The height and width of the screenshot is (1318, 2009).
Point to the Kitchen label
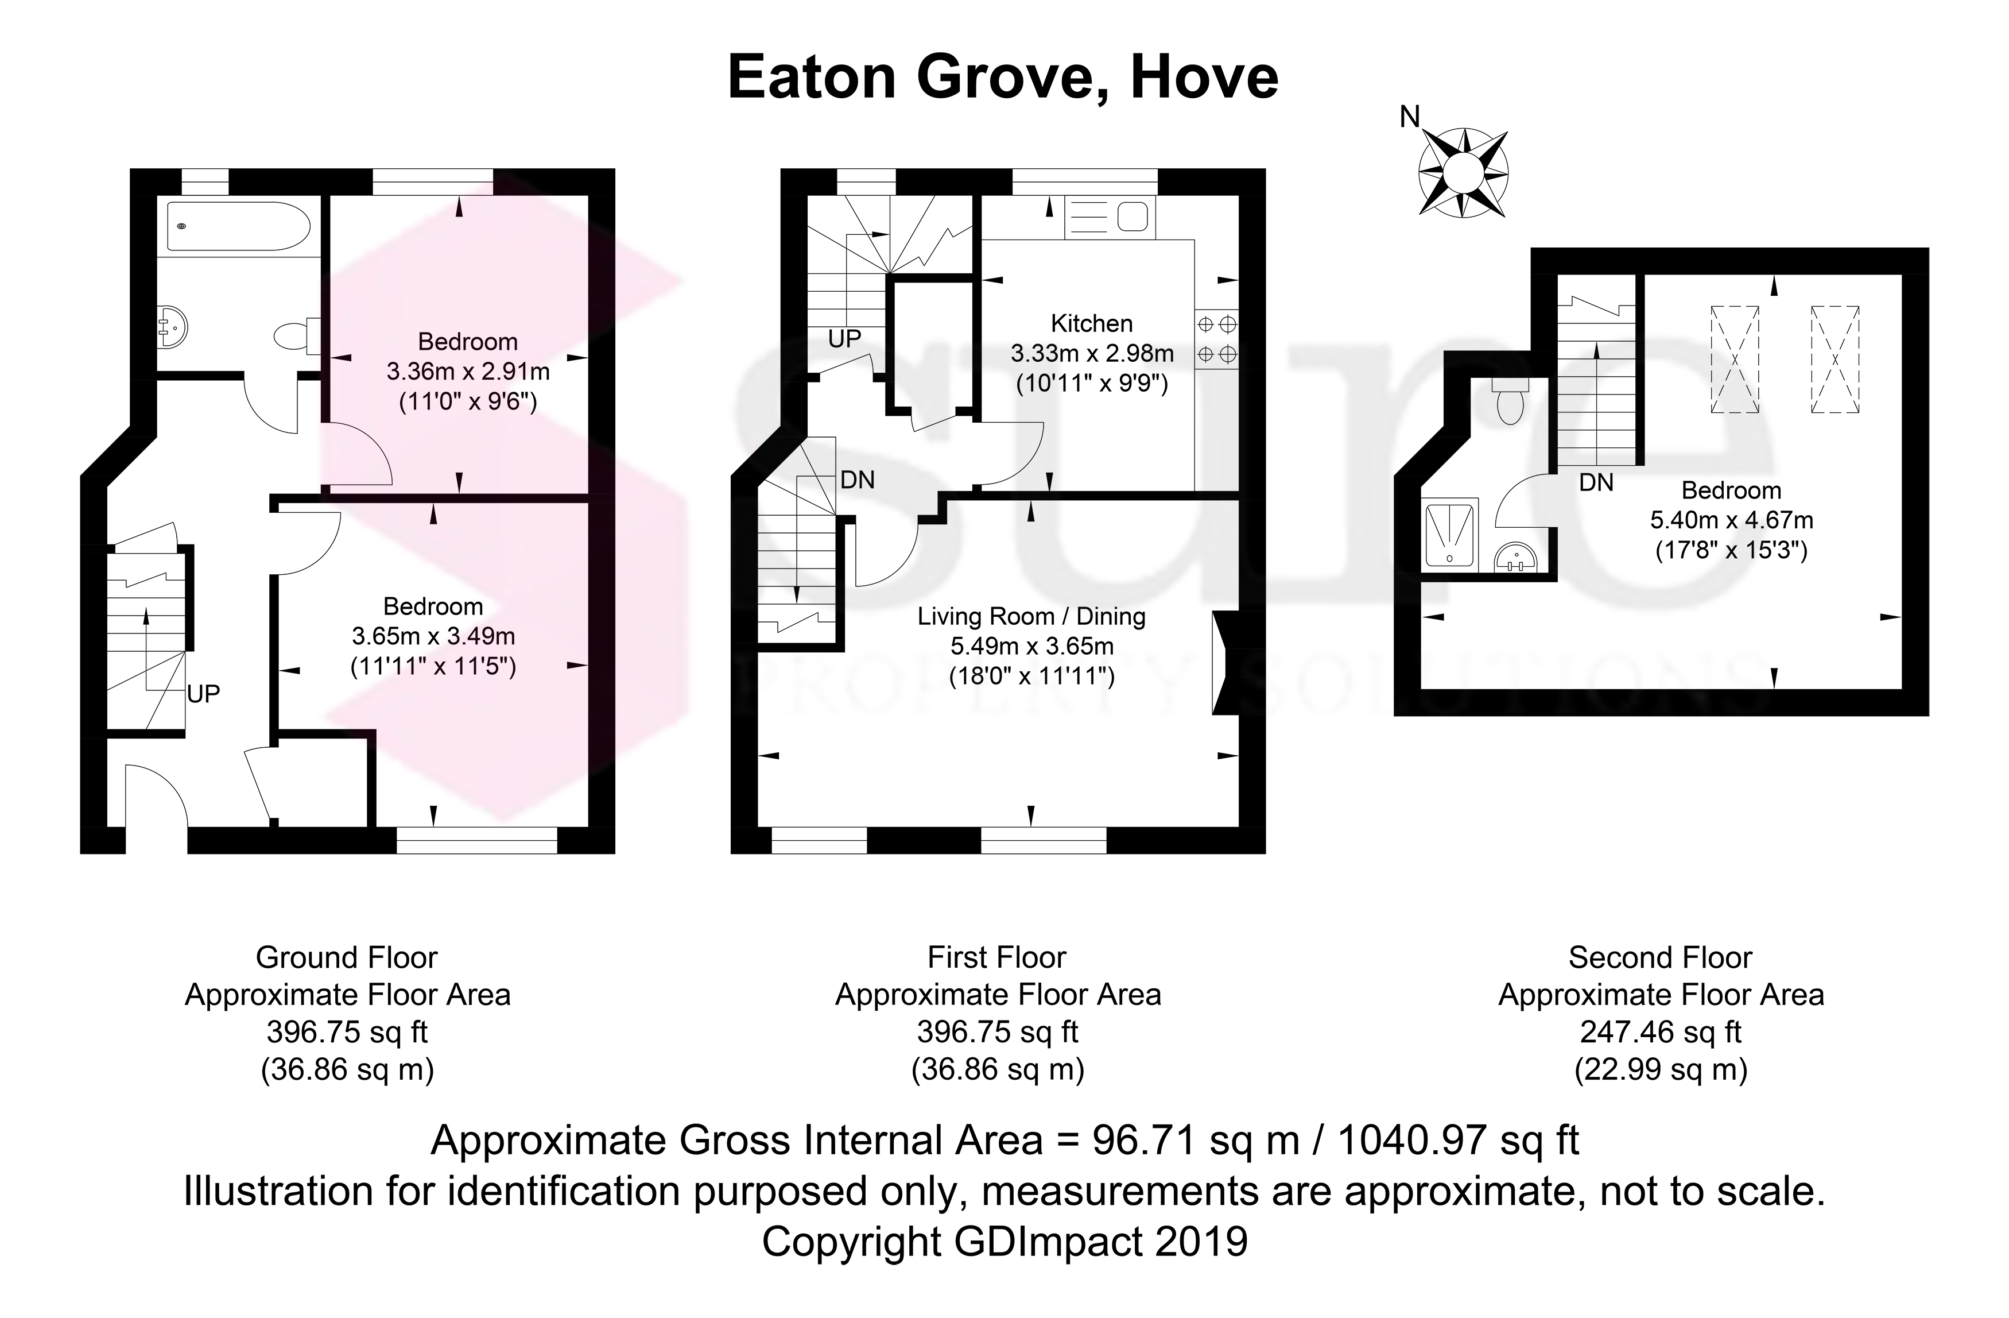coord(1091,323)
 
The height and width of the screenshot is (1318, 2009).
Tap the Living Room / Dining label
coord(1031,616)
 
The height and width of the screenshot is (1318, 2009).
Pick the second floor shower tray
coord(1450,534)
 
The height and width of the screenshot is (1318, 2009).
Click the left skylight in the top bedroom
coord(1735,359)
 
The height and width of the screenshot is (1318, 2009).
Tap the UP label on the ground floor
coord(203,694)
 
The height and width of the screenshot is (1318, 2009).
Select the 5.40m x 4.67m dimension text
coord(1731,520)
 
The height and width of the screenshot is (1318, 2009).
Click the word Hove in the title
coord(1205,77)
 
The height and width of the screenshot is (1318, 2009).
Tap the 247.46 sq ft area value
coord(1661,1032)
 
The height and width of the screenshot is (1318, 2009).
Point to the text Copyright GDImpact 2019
coord(1004,1241)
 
